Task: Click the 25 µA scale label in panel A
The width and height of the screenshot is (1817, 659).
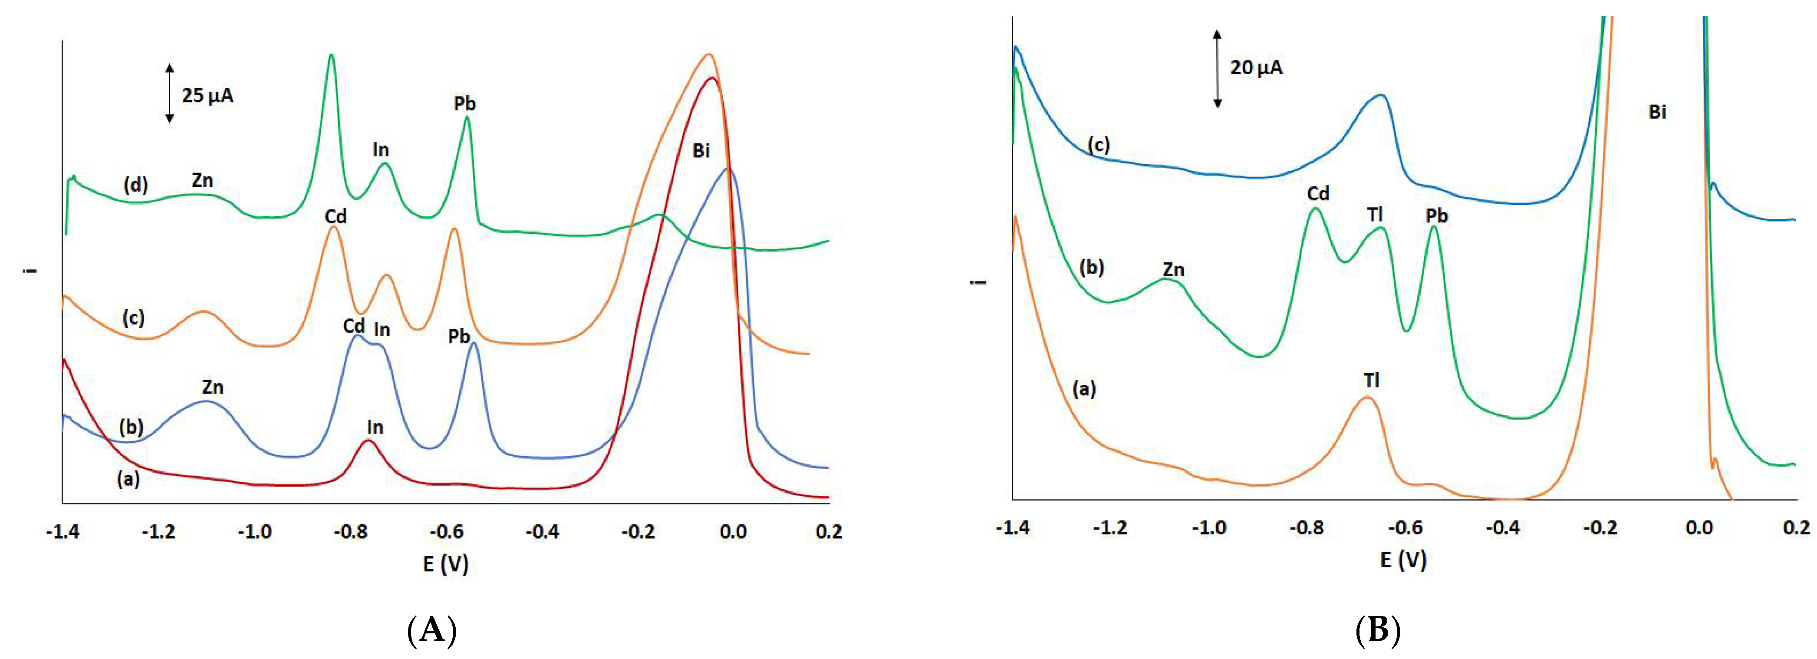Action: point(207,95)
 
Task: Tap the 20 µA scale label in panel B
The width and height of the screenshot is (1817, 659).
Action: point(1256,68)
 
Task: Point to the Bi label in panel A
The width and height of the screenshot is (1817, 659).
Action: point(701,150)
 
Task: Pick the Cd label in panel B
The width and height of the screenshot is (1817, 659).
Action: point(1318,193)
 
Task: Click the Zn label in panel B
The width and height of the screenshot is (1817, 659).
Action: point(1173,269)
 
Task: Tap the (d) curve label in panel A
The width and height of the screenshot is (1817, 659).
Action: point(135,185)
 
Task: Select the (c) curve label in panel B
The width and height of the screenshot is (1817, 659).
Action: point(1098,145)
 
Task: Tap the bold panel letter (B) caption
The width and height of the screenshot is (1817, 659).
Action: point(1378,629)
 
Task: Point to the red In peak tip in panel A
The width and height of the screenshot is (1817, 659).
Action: point(367,440)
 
